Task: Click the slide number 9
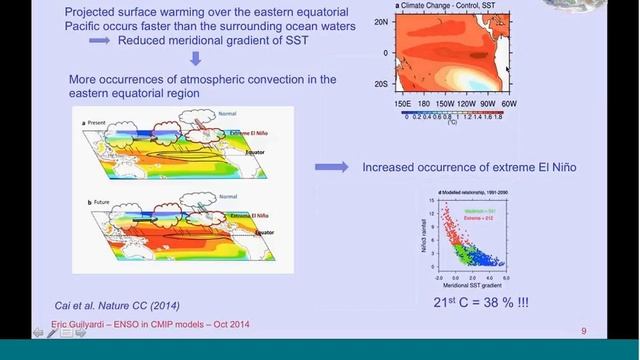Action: coord(584,329)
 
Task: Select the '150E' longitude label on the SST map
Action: coord(405,103)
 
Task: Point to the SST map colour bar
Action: coord(451,113)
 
